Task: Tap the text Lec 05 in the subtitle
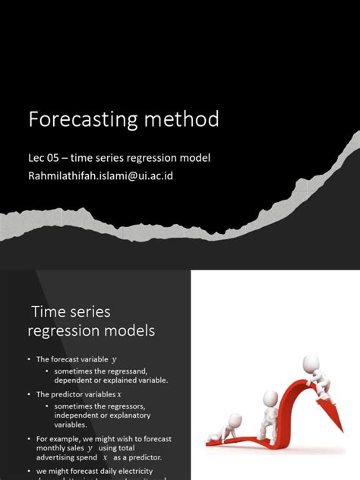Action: click(44, 158)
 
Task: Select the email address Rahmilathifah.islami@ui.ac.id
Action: click(106, 175)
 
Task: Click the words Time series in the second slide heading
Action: click(71, 311)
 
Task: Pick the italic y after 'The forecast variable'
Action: click(115, 359)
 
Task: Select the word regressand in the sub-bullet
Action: click(134, 370)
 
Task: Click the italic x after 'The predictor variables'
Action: click(119, 395)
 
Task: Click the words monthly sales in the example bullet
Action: click(61, 449)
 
